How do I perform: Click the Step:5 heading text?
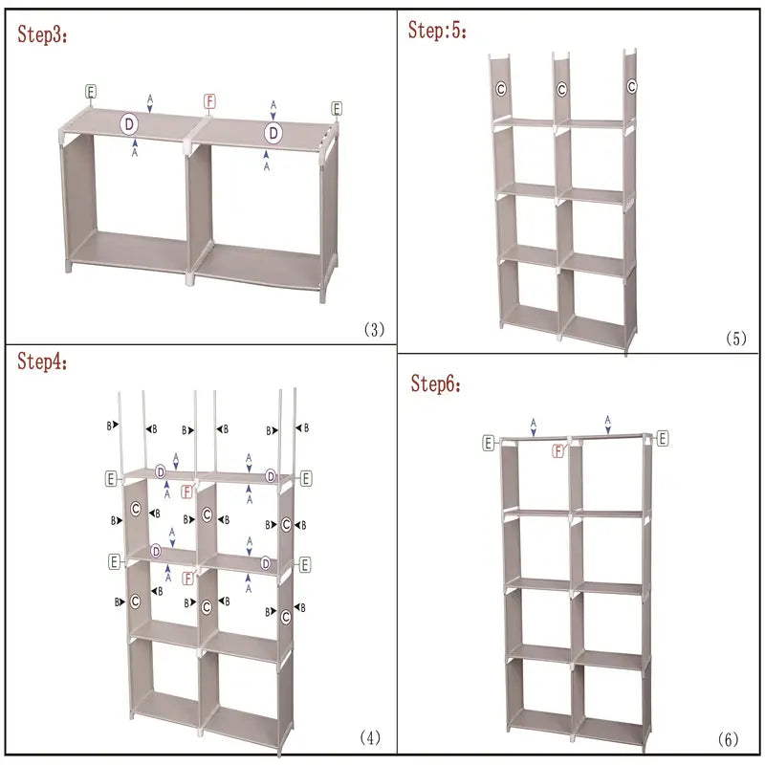438,31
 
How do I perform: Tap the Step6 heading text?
437,384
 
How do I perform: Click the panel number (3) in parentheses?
373,330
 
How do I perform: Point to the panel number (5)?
735,339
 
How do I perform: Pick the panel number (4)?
370,737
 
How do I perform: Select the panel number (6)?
729,740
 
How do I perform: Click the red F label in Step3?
210,101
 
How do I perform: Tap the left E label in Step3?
90,92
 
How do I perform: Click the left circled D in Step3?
129,123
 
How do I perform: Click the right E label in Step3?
337,108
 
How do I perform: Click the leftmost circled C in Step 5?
500,89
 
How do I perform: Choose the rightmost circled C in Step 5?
632,87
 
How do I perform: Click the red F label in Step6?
558,450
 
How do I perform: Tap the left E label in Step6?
489,443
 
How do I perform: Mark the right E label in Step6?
662,438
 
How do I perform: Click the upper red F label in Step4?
188,492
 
